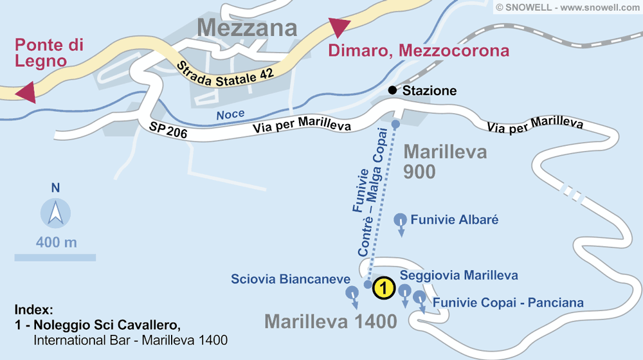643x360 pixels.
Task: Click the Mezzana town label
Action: pos(248,28)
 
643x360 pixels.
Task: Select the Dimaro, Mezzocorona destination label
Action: pos(419,51)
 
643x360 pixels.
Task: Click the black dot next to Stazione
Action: pos(392,91)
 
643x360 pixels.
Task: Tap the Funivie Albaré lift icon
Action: pos(400,221)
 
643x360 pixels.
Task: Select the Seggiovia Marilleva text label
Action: pos(458,275)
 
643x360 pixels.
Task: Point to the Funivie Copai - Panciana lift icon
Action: pos(420,299)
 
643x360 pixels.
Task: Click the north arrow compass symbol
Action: pos(56,213)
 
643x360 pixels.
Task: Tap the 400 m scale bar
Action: pos(55,257)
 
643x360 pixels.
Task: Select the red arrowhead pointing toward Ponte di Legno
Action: pos(24,92)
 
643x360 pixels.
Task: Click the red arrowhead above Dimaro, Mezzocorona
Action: pos(339,28)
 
